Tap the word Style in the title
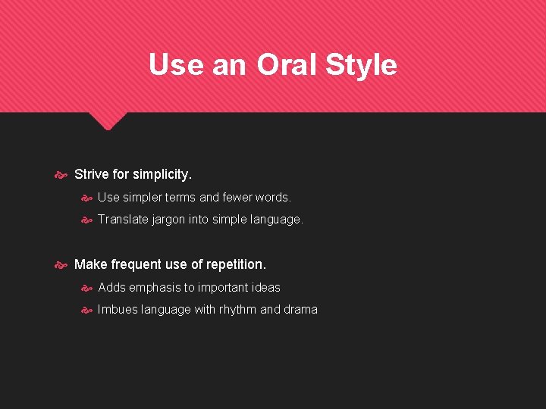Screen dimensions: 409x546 (x=361, y=65)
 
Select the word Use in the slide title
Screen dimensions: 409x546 (x=176, y=65)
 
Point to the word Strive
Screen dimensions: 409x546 (x=91, y=174)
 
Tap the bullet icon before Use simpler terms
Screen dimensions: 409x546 (x=86, y=198)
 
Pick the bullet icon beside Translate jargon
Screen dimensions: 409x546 (x=86, y=220)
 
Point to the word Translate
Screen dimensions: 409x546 (x=124, y=220)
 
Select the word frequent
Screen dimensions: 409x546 (x=136, y=264)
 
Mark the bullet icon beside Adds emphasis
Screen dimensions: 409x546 (x=86, y=288)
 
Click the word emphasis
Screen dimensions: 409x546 (x=155, y=288)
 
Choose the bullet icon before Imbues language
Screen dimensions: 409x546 (x=86, y=310)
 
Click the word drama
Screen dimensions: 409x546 (x=300, y=310)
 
